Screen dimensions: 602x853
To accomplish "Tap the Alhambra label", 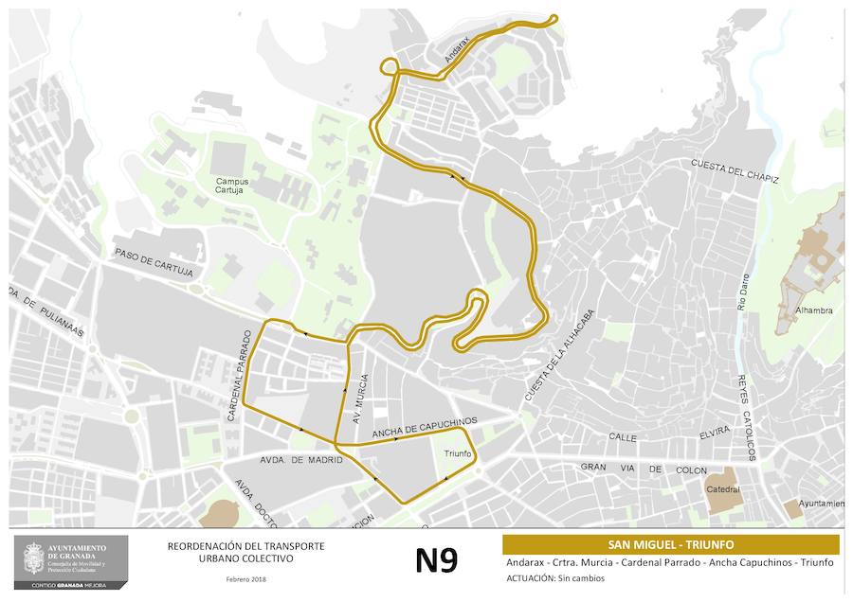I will [814, 310].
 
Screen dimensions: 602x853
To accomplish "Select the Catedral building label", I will [722, 489].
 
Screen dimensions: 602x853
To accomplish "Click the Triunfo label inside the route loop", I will [458, 453].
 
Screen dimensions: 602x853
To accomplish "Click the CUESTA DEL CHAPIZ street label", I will [735, 171].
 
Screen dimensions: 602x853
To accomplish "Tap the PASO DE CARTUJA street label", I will [154, 264].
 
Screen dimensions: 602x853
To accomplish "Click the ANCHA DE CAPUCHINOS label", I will [425, 428].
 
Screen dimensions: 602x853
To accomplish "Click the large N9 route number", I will [436, 559].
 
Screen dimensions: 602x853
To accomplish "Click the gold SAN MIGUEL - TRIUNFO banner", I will [670, 544].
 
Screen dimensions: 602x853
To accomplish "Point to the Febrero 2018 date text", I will [245, 578].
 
